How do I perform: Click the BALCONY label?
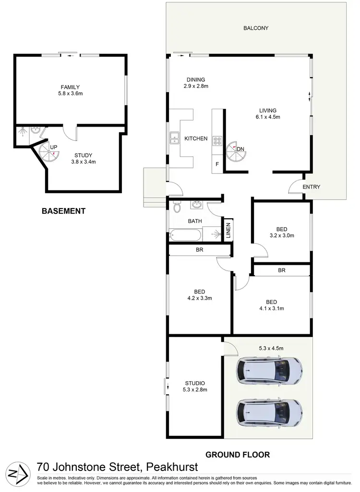pyautogui.click(x=255, y=28)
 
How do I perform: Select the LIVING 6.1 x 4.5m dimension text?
pyautogui.click(x=268, y=117)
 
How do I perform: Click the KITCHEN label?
pyautogui.click(x=196, y=139)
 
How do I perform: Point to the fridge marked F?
pyautogui.click(x=217, y=164)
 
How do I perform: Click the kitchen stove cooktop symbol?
pyautogui.click(x=217, y=141)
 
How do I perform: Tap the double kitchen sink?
pyautogui.click(x=173, y=139)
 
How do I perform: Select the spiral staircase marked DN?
pyautogui.click(x=234, y=150)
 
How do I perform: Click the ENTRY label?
pyautogui.click(x=311, y=187)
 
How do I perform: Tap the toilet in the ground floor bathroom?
pyautogui.click(x=176, y=207)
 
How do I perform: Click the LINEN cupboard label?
pyautogui.click(x=228, y=230)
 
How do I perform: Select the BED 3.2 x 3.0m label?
pyautogui.click(x=281, y=232)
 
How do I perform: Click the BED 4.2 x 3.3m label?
pyautogui.click(x=199, y=294)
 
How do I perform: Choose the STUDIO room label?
pyautogui.click(x=195, y=386)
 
